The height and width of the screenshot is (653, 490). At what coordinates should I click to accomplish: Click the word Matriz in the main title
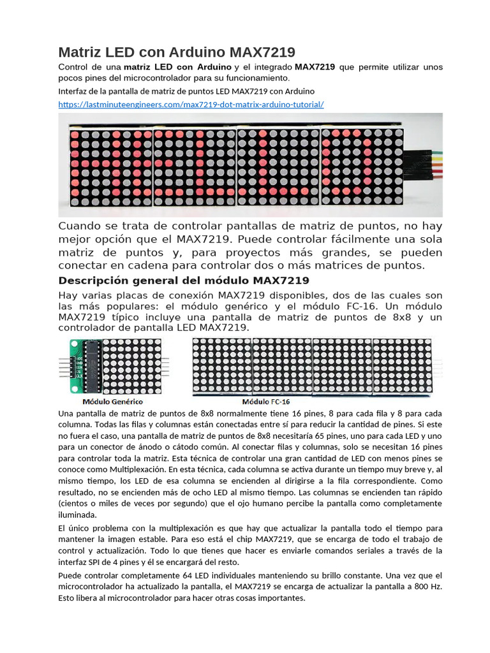pyautogui.click(x=80, y=52)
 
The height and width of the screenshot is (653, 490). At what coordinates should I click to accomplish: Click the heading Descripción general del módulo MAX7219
pyautogui.click(x=184, y=281)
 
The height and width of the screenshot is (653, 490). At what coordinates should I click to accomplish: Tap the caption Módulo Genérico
pyautogui.click(x=112, y=402)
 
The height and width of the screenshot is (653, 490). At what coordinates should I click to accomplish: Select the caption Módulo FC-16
pyautogui.click(x=265, y=402)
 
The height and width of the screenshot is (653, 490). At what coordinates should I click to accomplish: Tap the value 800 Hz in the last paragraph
pyautogui.click(x=427, y=587)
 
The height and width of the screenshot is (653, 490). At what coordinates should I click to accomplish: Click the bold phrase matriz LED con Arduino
pyautogui.click(x=177, y=67)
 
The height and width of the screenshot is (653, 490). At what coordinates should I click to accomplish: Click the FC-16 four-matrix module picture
pyautogui.click(x=311, y=366)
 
